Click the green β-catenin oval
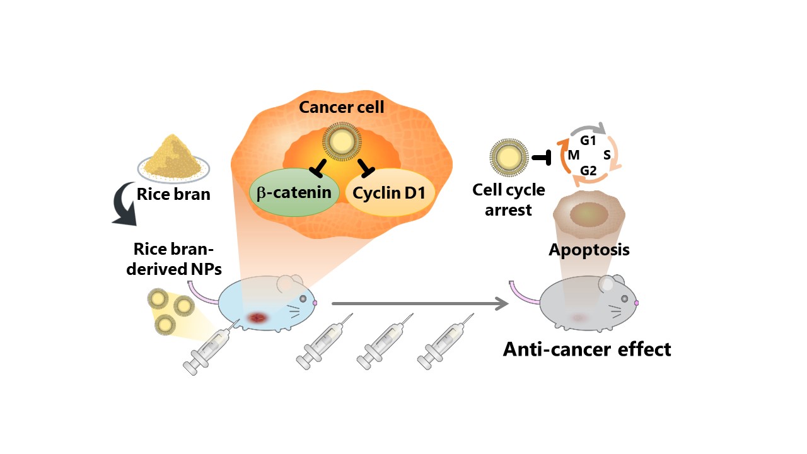click(293, 192)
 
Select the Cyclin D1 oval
click(391, 192)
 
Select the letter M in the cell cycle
click(574, 156)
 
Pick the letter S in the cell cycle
click(607, 155)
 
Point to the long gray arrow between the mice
click(419, 304)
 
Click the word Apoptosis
click(589, 250)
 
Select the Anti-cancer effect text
click(586, 349)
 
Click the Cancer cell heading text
click(341, 107)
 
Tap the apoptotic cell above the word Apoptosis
click(588, 216)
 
